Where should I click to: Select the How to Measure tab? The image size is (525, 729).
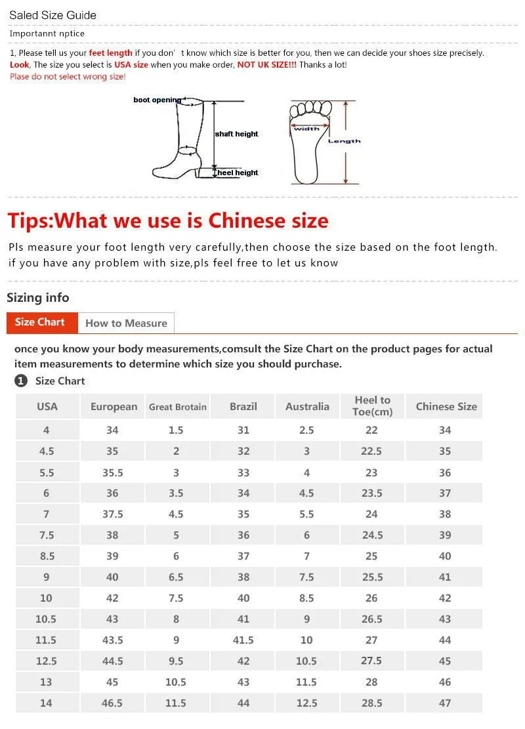pos(126,323)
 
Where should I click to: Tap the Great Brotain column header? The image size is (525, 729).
pos(178,407)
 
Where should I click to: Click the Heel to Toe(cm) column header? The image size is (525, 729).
pos(373,406)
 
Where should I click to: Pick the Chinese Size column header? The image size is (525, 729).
pos(446,407)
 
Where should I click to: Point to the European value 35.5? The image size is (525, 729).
pos(112,473)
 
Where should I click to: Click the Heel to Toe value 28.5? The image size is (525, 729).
pos(372,703)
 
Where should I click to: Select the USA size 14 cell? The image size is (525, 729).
pos(46,703)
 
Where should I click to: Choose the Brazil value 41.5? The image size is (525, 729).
pos(243,640)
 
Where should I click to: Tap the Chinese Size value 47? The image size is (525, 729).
pos(445,703)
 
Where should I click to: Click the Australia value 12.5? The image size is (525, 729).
pos(306,703)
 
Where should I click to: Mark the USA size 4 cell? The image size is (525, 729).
pos(46,430)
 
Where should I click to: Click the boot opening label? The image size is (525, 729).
pos(157,100)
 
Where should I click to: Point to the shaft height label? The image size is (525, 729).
pos(236,134)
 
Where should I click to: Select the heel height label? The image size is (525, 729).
pos(238,173)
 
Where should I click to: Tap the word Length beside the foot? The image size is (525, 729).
pos(344,141)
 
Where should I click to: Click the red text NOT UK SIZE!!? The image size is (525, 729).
pos(267,64)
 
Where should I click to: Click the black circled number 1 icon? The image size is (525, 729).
pos(21,381)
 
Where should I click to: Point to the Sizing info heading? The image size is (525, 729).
pos(37,297)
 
